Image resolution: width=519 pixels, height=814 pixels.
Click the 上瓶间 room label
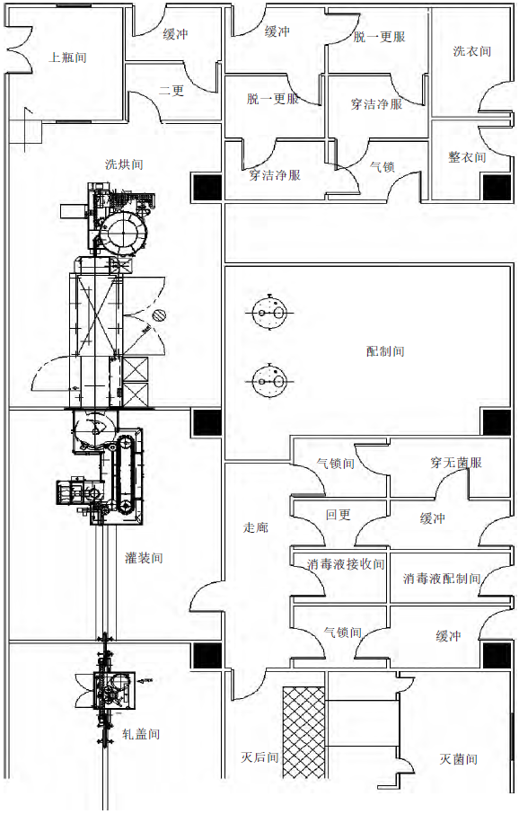pyautogui.click(x=67, y=58)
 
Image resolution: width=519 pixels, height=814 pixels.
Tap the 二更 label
pyautogui.click(x=172, y=91)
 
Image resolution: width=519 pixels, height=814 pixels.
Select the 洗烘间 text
pyautogui.click(x=124, y=164)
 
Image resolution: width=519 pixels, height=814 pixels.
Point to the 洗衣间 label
pyautogui.click(x=471, y=51)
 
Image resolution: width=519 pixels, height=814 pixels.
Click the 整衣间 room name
pyautogui.click(x=467, y=156)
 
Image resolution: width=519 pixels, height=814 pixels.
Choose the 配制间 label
pyautogui.click(x=385, y=351)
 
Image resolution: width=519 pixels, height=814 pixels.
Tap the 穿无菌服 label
pyautogui.click(x=456, y=462)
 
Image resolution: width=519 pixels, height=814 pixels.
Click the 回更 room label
pyautogui.click(x=339, y=515)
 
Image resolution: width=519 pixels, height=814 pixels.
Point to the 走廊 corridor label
pyautogui.click(x=256, y=527)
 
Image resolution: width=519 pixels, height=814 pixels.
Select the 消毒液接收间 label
pyautogui.click(x=346, y=564)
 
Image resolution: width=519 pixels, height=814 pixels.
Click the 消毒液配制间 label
pyautogui.click(x=442, y=578)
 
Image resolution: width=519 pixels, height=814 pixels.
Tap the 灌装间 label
pyautogui.click(x=144, y=558)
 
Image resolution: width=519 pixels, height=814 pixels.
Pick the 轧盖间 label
pyautogui.click(x=141, y=734)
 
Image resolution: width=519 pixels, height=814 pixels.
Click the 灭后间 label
pyautogui.click(x=259, y=757)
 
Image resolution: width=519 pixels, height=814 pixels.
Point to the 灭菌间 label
pyautogui.click(x=459, y=759)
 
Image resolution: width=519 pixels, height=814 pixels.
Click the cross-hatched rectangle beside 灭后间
pyautogui.click(x=303, y=732)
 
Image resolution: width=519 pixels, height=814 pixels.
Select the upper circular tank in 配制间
pyautogui.click(x=269, y=313)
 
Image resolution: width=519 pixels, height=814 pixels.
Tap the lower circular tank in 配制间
pyautogui.click(x=269, y=382)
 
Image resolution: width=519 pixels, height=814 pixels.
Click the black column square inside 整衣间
pyautogui.click(x=497, y=188)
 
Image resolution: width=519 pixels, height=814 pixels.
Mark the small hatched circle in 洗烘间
pyautogui.click(x=159, y=315)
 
